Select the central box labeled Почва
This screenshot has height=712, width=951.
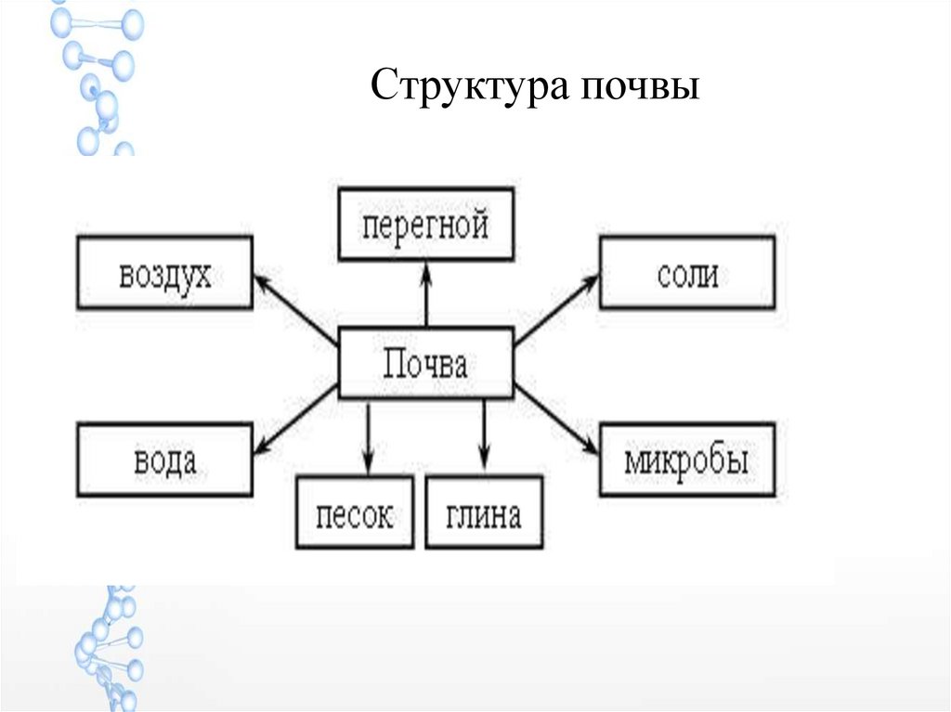tap(425, 364)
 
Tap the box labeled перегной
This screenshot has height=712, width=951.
tap(425, 224)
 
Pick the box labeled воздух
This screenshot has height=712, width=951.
tap(164, 273)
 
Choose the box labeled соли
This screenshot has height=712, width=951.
tap(686, 273)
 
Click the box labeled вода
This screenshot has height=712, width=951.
tap(164, 460)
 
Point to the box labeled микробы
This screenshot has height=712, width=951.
tap(686, 460)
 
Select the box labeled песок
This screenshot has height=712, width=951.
tap(354, 511)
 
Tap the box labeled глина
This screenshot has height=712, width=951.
tap(484, 511)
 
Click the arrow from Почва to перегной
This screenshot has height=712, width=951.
tap(425, 294)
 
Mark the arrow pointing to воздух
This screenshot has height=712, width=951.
tap(294, 307)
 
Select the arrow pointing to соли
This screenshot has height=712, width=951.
tap(555, 307)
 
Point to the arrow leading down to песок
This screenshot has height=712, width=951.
tap(369, 436)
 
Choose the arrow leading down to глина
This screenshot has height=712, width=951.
tap(484, 436)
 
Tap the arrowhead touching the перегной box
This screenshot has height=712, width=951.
tap(425, 269)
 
